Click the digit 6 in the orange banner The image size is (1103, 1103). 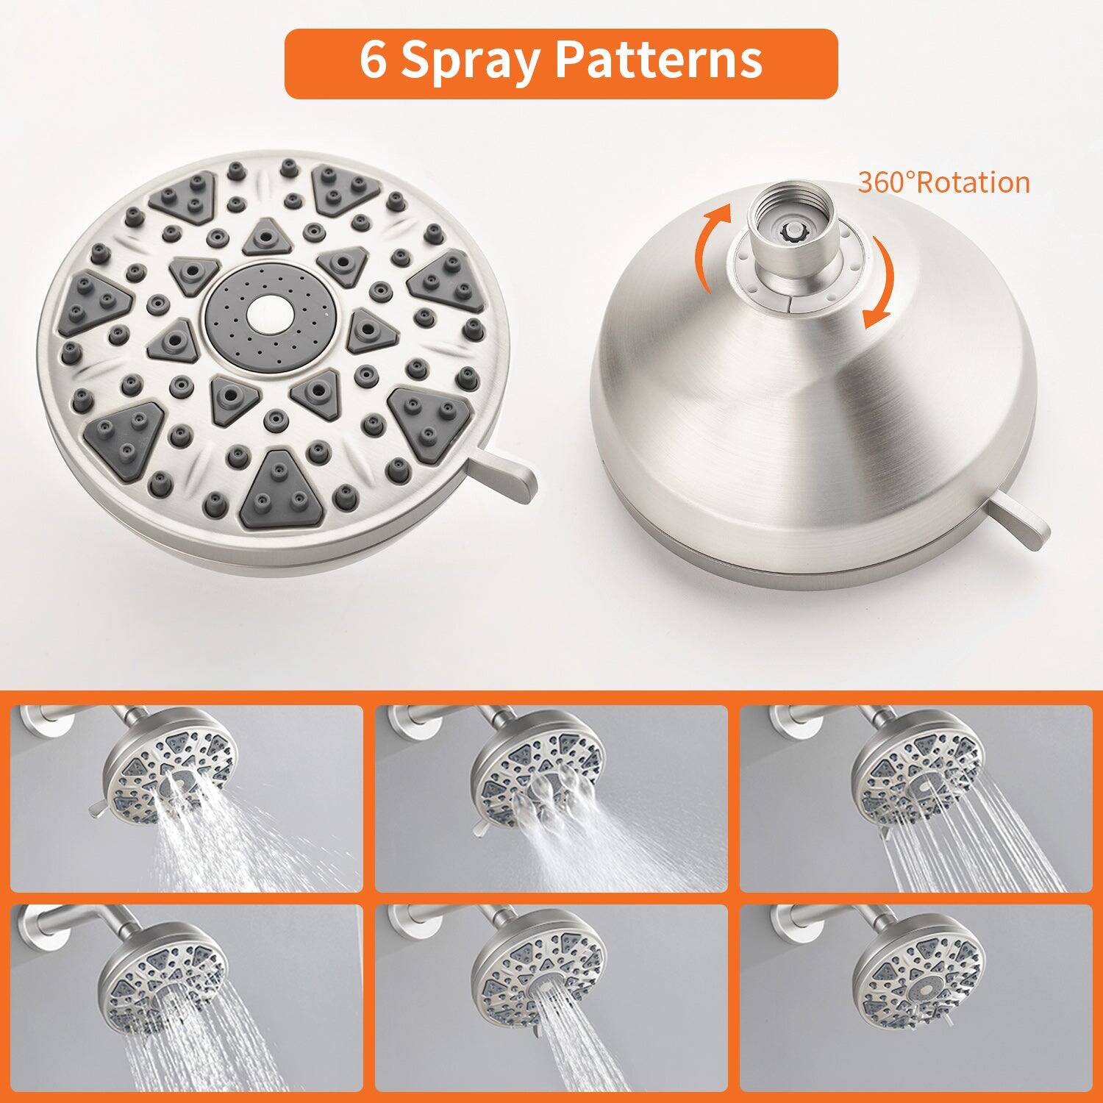tap(374, 61)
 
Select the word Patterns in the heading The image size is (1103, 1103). tap(660, 61)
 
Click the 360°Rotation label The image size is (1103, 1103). tap(943, 182)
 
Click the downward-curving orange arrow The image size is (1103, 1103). tap(881, 283)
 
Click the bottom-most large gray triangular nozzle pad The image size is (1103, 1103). tap(279, 490)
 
